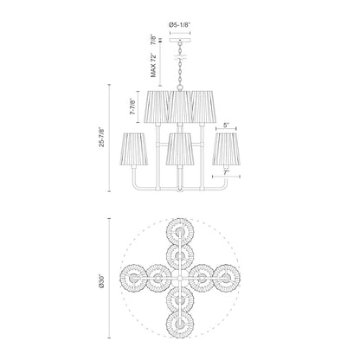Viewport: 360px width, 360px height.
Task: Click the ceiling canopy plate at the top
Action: [180, 39]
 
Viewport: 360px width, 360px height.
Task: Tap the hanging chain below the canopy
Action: [180, 65]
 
